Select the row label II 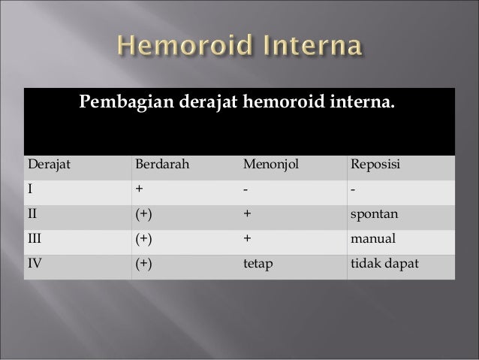(33, 214)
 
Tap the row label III (35, 239)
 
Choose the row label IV (35, 265)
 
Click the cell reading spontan (374, 214)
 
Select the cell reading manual (372, 239)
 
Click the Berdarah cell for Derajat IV (143, 265)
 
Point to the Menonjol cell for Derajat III (246, 239)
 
